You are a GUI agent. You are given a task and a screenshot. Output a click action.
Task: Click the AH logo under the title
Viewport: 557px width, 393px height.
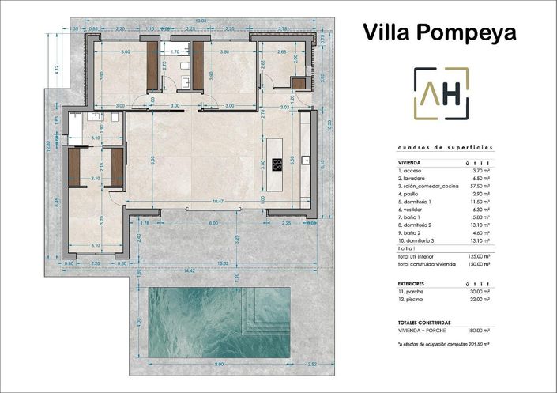[441, 93]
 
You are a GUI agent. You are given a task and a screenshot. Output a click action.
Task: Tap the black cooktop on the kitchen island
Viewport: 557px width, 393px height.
[277, 164]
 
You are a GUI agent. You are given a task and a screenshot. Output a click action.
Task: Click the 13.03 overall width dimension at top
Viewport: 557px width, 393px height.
[201, 21]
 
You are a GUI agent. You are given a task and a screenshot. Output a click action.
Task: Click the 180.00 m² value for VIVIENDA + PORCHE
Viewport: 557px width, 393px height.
[478, 331]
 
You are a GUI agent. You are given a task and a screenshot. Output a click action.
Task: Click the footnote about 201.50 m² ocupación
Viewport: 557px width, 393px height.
[440, 345]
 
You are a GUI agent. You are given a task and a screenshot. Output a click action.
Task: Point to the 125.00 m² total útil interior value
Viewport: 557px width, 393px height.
[478, 256]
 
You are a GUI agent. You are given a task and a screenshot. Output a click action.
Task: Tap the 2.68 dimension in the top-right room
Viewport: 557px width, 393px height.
[281, 51]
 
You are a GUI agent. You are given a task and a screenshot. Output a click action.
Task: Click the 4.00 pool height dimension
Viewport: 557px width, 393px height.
[138, 322]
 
